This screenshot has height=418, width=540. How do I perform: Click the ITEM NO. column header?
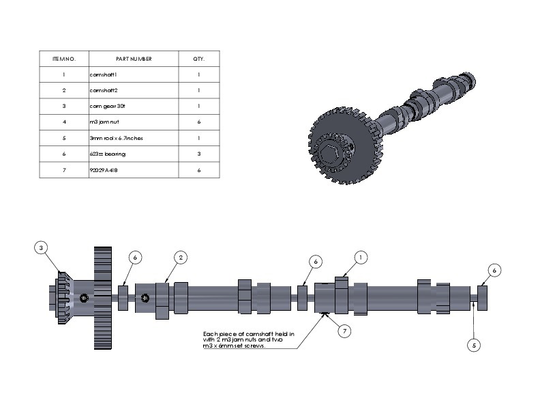pyautogui.click(x=63, y=59)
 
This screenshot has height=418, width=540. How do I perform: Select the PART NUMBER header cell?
pyautogui.click(x=134, y=59)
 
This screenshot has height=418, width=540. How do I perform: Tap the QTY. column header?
pyautogui.click(x=199, y=59)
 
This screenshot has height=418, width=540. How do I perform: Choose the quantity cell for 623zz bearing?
pyautogui.click(x=199, y=154)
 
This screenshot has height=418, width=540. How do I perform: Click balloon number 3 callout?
pyautogui.click(x=42, y=247)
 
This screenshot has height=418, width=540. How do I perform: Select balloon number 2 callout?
pyautogui.click(x=181, y=257)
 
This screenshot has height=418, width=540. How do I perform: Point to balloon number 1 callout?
pyautogui.click(x=361, y=257)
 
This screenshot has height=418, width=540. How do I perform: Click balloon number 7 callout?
pyautogui.click(x=345, y=331)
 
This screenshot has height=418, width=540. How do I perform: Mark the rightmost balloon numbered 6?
pyautogui.click(x=495, y=270)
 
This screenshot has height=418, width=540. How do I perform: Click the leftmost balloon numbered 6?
pyautogui.click(x=135, y=257)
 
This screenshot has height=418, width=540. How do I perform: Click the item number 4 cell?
pyautogui.click(x=63, y=122)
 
